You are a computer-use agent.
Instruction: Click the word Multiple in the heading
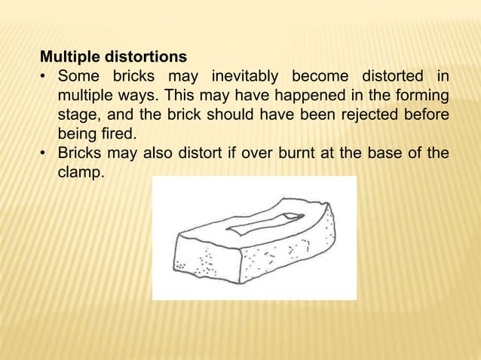65,56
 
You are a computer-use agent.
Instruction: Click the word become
319,76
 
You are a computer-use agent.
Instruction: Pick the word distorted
391,76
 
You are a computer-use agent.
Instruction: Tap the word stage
78,115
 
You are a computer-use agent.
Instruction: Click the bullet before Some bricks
44,77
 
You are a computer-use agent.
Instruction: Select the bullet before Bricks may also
44,155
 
